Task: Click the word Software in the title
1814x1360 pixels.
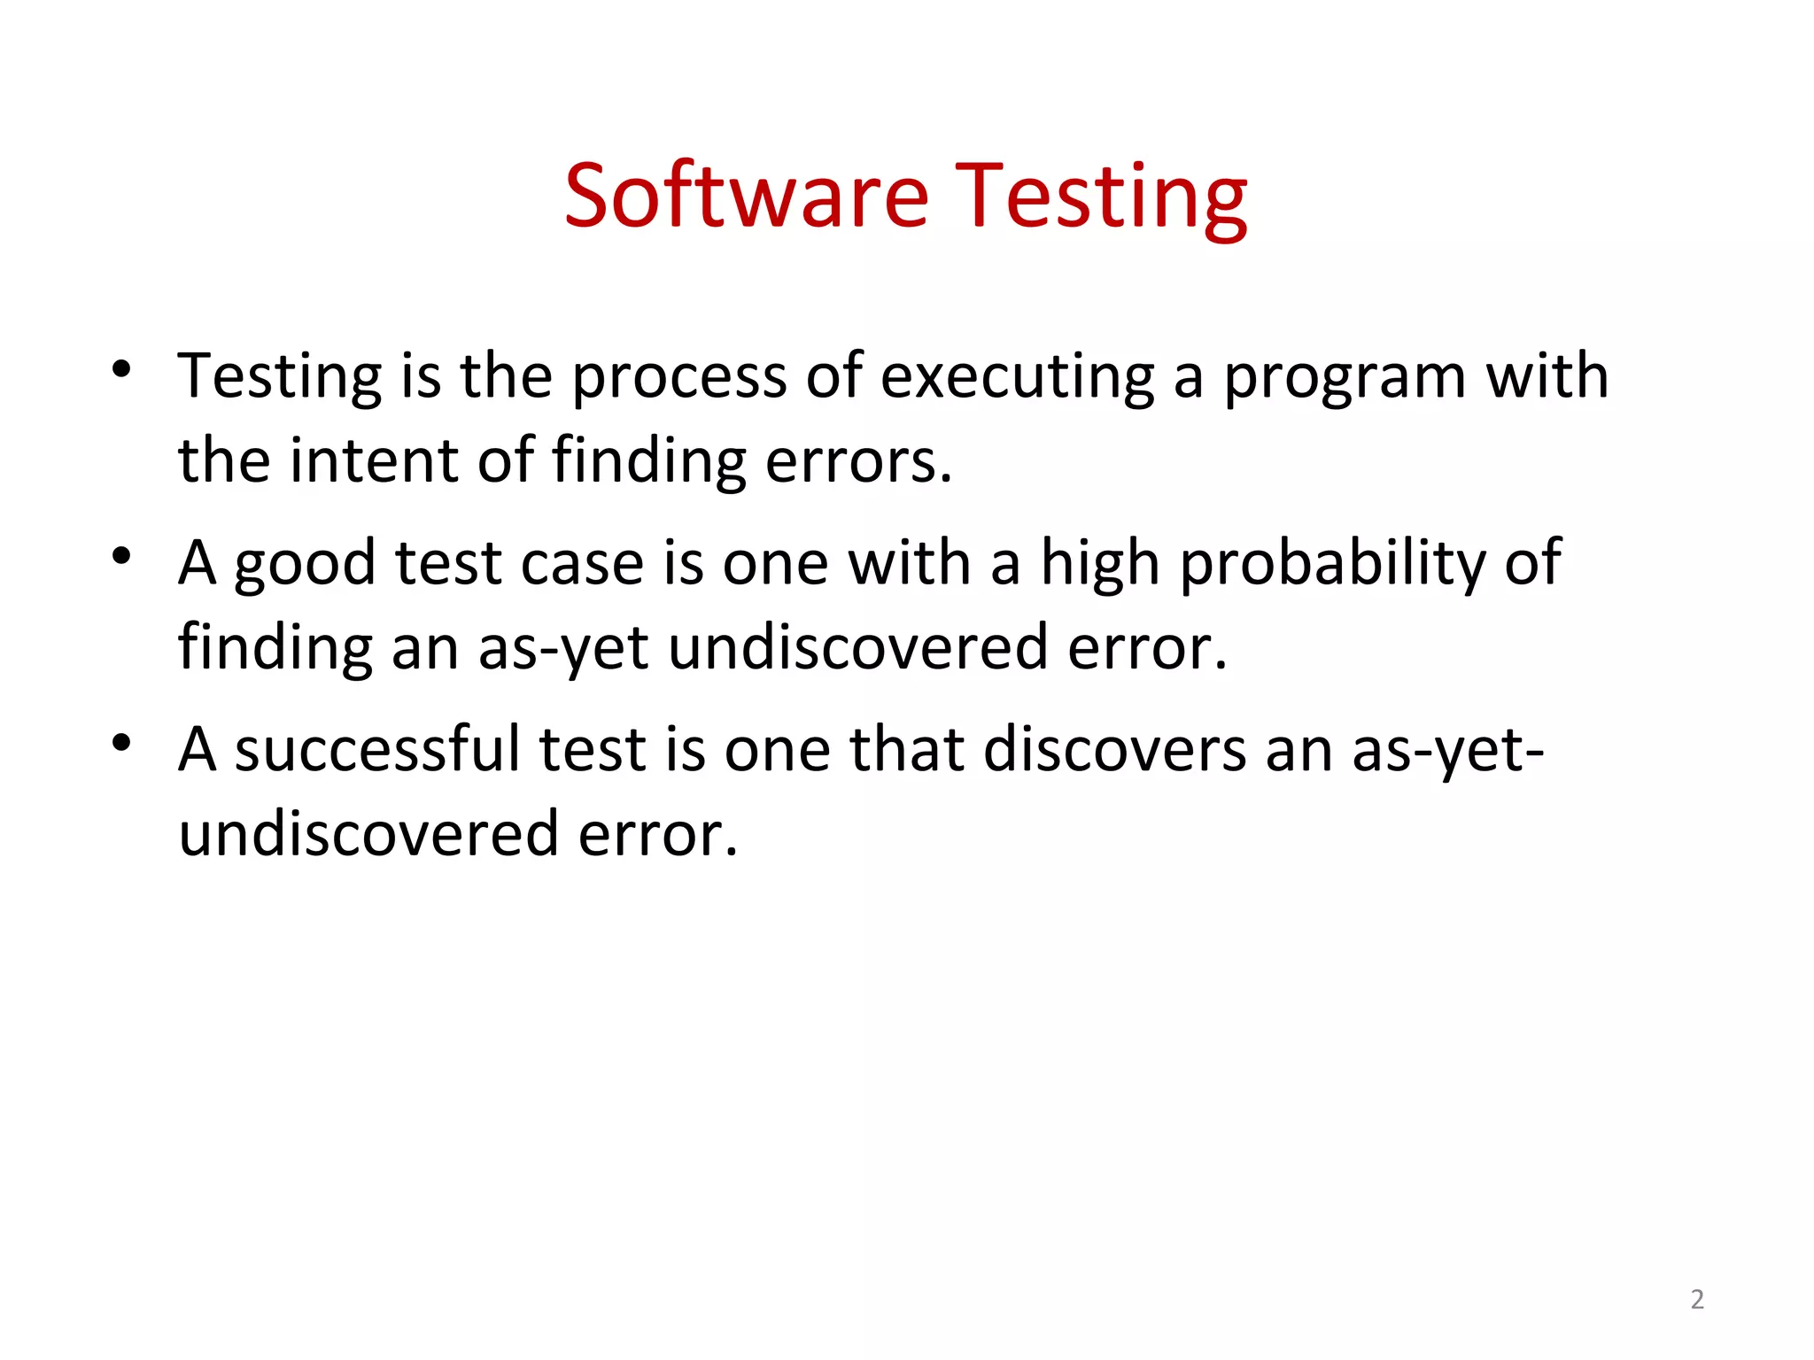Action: click(747, 196)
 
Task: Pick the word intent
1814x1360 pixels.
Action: click(376, 460)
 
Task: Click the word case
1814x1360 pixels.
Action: click(582, 563)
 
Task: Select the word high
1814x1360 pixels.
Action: click(1099, 563)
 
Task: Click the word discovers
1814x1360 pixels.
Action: click(1114, 749)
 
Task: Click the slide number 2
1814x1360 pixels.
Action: click(1696, 1299)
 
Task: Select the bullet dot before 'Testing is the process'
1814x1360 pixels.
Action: click(122, 369)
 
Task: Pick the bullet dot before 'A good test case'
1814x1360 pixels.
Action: click(122, 556)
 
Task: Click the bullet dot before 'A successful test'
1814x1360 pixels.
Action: click(122, 742)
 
